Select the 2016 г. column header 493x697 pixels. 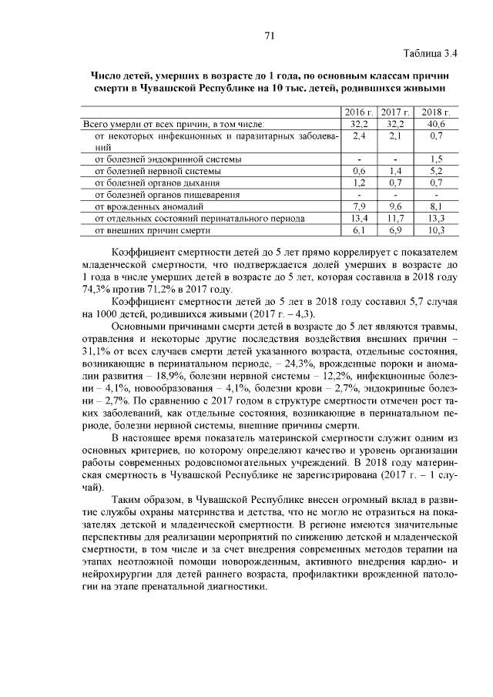pyautogui.click(x=360, y=112)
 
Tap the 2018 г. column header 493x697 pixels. pyautogui.click(x=435, y=112)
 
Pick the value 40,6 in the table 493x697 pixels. pyautogui.click(x=435, y=123)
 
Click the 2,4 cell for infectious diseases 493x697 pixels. pyautogui.click(x=359, y=135)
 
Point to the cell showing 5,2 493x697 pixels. pyautogui.click(x=435, y=171)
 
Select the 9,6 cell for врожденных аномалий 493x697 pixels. pyautogui.click(x=397, y=206)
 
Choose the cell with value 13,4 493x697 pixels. pyautogui.click(x=359, y=218)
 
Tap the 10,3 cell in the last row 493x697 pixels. pyautogui.click(x=435, y=230)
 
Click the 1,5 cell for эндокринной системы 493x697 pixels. pyautogui.click(x=435, y=159)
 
